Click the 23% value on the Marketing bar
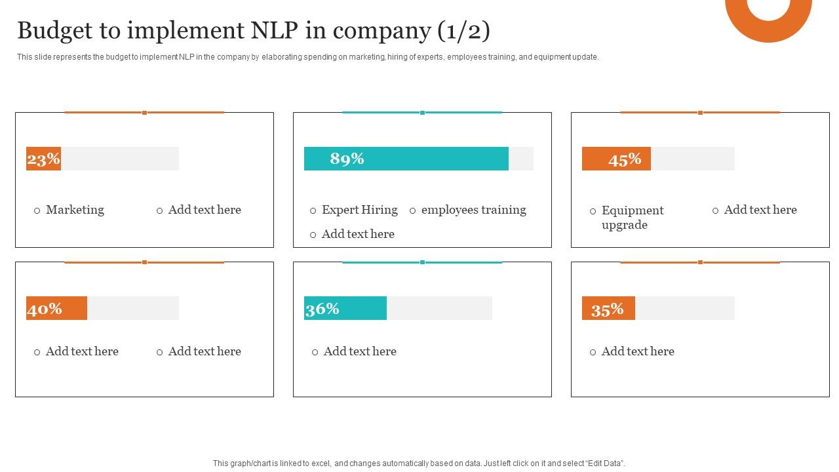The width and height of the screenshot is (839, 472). [44, 159]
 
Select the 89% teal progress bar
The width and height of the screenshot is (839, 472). [406, 159]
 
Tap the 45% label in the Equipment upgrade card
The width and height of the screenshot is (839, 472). [625, 159]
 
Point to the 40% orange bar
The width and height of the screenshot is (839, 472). [56, 308]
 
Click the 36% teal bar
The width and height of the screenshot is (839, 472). [345, 308]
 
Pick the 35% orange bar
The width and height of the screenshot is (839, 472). [608, 309]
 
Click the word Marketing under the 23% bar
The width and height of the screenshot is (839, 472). [75, 210]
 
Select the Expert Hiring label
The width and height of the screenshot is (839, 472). [359, 210]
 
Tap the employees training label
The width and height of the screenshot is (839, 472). [473, 210]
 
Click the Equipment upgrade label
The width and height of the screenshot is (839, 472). [632, 217]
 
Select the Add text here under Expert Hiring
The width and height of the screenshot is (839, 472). [358, 234]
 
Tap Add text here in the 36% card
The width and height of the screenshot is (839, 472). [360, 351]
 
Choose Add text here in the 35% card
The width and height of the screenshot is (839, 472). [638, 351]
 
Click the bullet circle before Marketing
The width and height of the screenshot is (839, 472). [37, 210]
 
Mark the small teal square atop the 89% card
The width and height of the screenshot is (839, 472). [422, 113]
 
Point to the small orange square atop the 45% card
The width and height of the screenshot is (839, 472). [700, 113]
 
